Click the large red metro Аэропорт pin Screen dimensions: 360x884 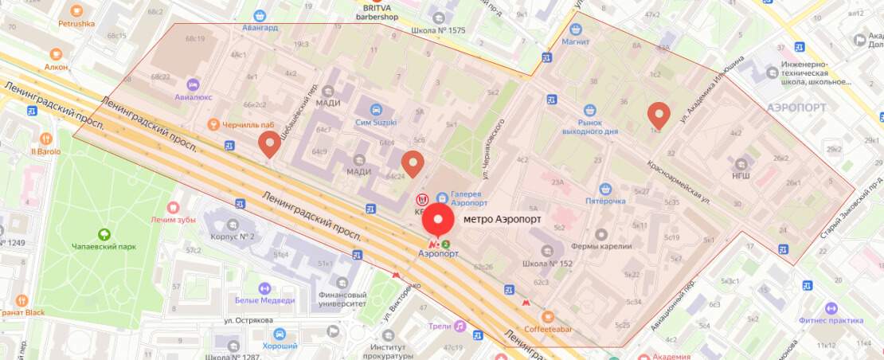pos(437,221)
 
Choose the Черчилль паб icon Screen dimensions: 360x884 pos(213,124)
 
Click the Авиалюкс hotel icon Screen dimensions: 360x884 pos(191,84)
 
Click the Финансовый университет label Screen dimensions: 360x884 pos(342,298)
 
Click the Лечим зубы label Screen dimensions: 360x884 pos(173,219)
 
